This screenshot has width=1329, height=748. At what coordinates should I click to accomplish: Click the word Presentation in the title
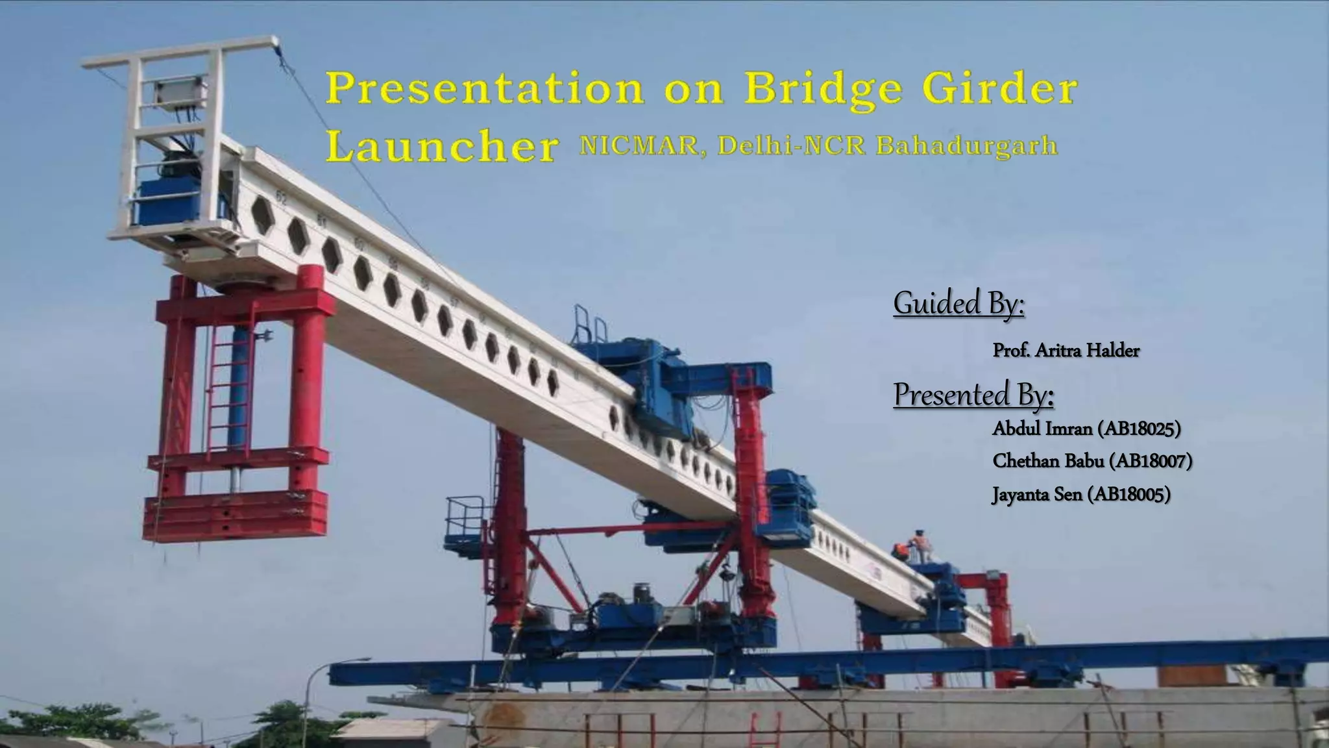click(x=484, y=90)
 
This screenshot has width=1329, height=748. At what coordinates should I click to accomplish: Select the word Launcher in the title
click(x=441, y=147)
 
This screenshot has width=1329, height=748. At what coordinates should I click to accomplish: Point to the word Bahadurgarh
click(x=967, y=145)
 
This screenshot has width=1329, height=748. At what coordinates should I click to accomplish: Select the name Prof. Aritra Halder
click(x=1066, y=351)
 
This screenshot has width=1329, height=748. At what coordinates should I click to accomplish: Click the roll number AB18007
click(x=1151, y=461)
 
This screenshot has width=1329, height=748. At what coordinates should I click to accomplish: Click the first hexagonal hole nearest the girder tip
click(x=263, y=216)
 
